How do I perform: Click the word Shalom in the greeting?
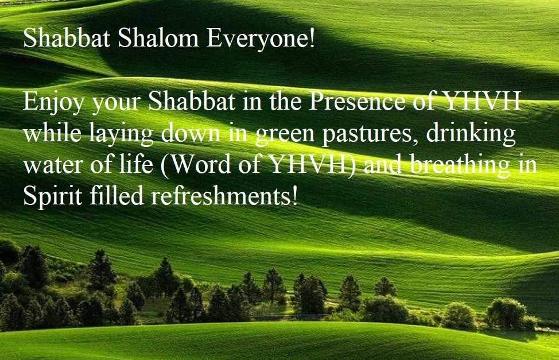click(158, 37)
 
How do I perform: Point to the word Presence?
click(357, 101)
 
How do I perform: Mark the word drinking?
click(471, 134)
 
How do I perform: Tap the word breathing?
click(460, 165)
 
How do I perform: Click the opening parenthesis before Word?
click(164, 165)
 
